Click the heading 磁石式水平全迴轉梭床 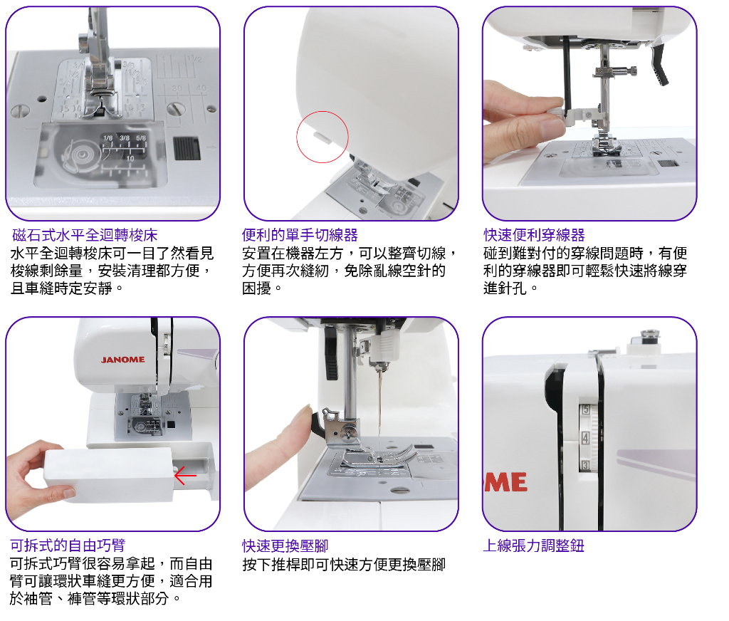85,235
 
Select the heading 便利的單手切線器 300,235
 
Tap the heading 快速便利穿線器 534,235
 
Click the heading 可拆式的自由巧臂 68,546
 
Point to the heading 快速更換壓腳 285,546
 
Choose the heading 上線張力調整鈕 533,546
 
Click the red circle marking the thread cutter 322,137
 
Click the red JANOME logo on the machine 122,360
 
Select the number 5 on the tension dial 584,409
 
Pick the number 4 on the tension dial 584,438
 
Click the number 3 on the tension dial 584,466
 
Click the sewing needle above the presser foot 380,406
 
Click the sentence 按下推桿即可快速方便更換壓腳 344,565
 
